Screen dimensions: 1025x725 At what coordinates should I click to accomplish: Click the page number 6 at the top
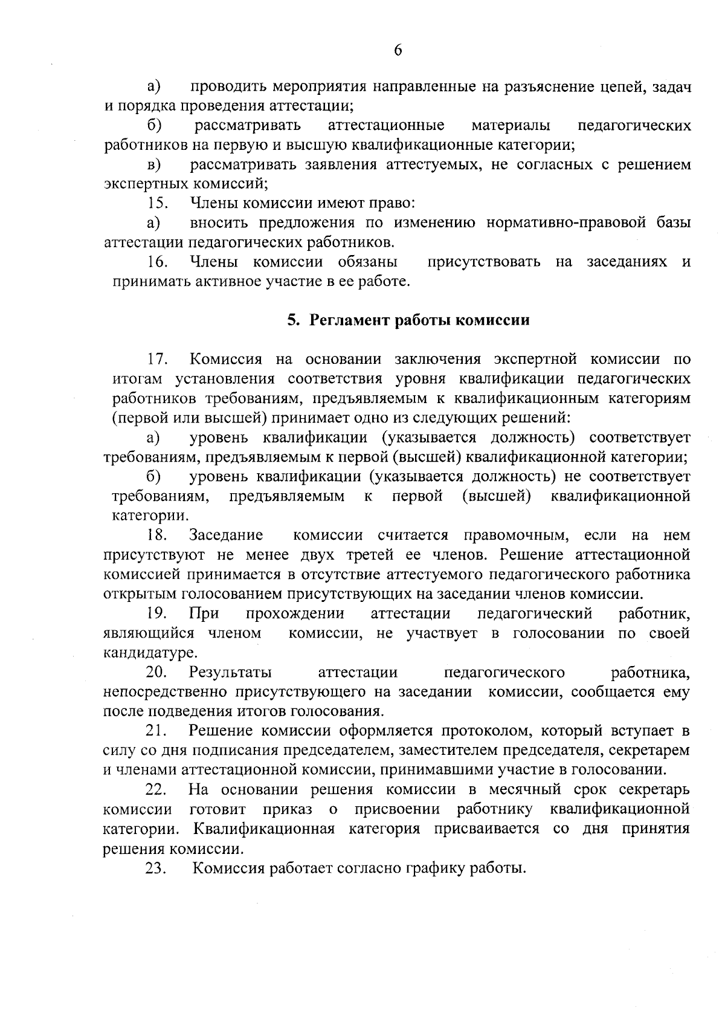398,50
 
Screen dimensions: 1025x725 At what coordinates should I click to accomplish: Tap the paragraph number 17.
158,359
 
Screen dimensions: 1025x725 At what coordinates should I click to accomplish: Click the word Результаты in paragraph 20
230,673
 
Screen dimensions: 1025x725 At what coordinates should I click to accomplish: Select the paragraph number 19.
156,613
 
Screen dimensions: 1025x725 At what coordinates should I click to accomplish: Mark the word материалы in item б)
511,125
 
